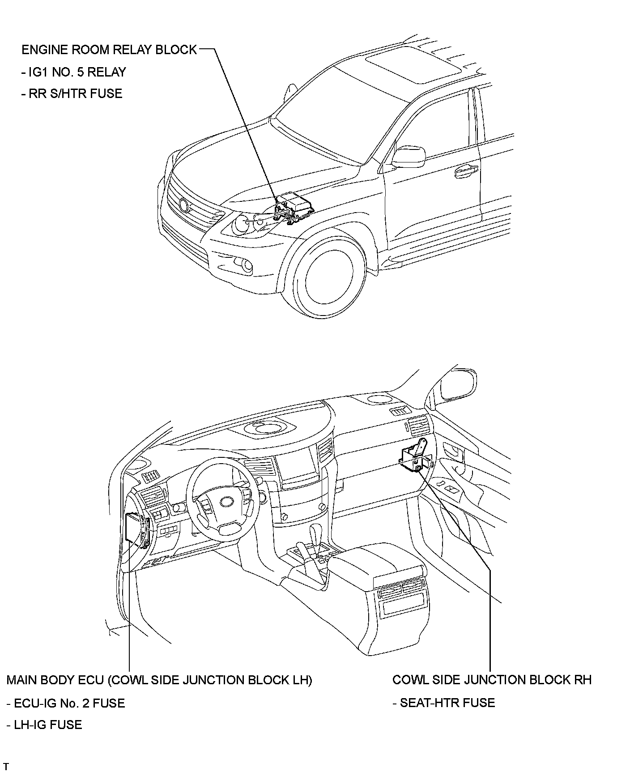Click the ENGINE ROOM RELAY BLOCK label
tap(109, 50)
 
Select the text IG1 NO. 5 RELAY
tap(74, 72)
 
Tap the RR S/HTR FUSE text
tap(72, 94)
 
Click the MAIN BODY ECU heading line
tap(159, 680)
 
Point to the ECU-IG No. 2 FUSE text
tap(66, 703)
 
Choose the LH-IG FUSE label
tap(44, 725)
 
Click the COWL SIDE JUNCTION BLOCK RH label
tap(491, 680)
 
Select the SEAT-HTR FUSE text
tap(444, 703)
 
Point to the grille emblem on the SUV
tap(183, 205)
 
